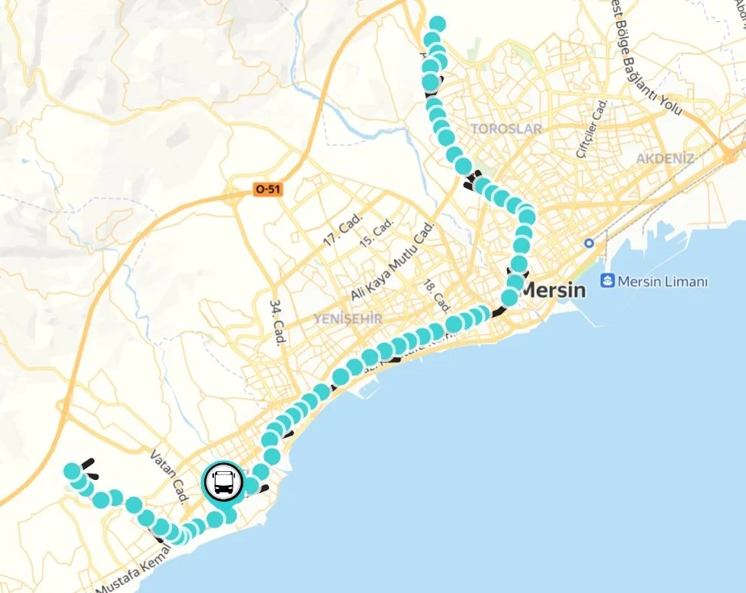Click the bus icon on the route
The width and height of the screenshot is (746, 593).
223,482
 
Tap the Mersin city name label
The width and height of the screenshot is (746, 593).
553,290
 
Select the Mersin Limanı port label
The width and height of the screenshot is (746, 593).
662,282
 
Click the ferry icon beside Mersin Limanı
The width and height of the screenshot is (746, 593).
606,281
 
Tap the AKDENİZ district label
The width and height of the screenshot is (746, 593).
664,158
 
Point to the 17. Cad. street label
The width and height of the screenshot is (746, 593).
342,230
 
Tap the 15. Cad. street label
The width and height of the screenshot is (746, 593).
376,232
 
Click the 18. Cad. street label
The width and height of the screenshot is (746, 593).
437,296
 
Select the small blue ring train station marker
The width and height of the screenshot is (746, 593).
589,243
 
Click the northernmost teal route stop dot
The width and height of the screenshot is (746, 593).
438,23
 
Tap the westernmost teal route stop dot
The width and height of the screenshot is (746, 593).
73,470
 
